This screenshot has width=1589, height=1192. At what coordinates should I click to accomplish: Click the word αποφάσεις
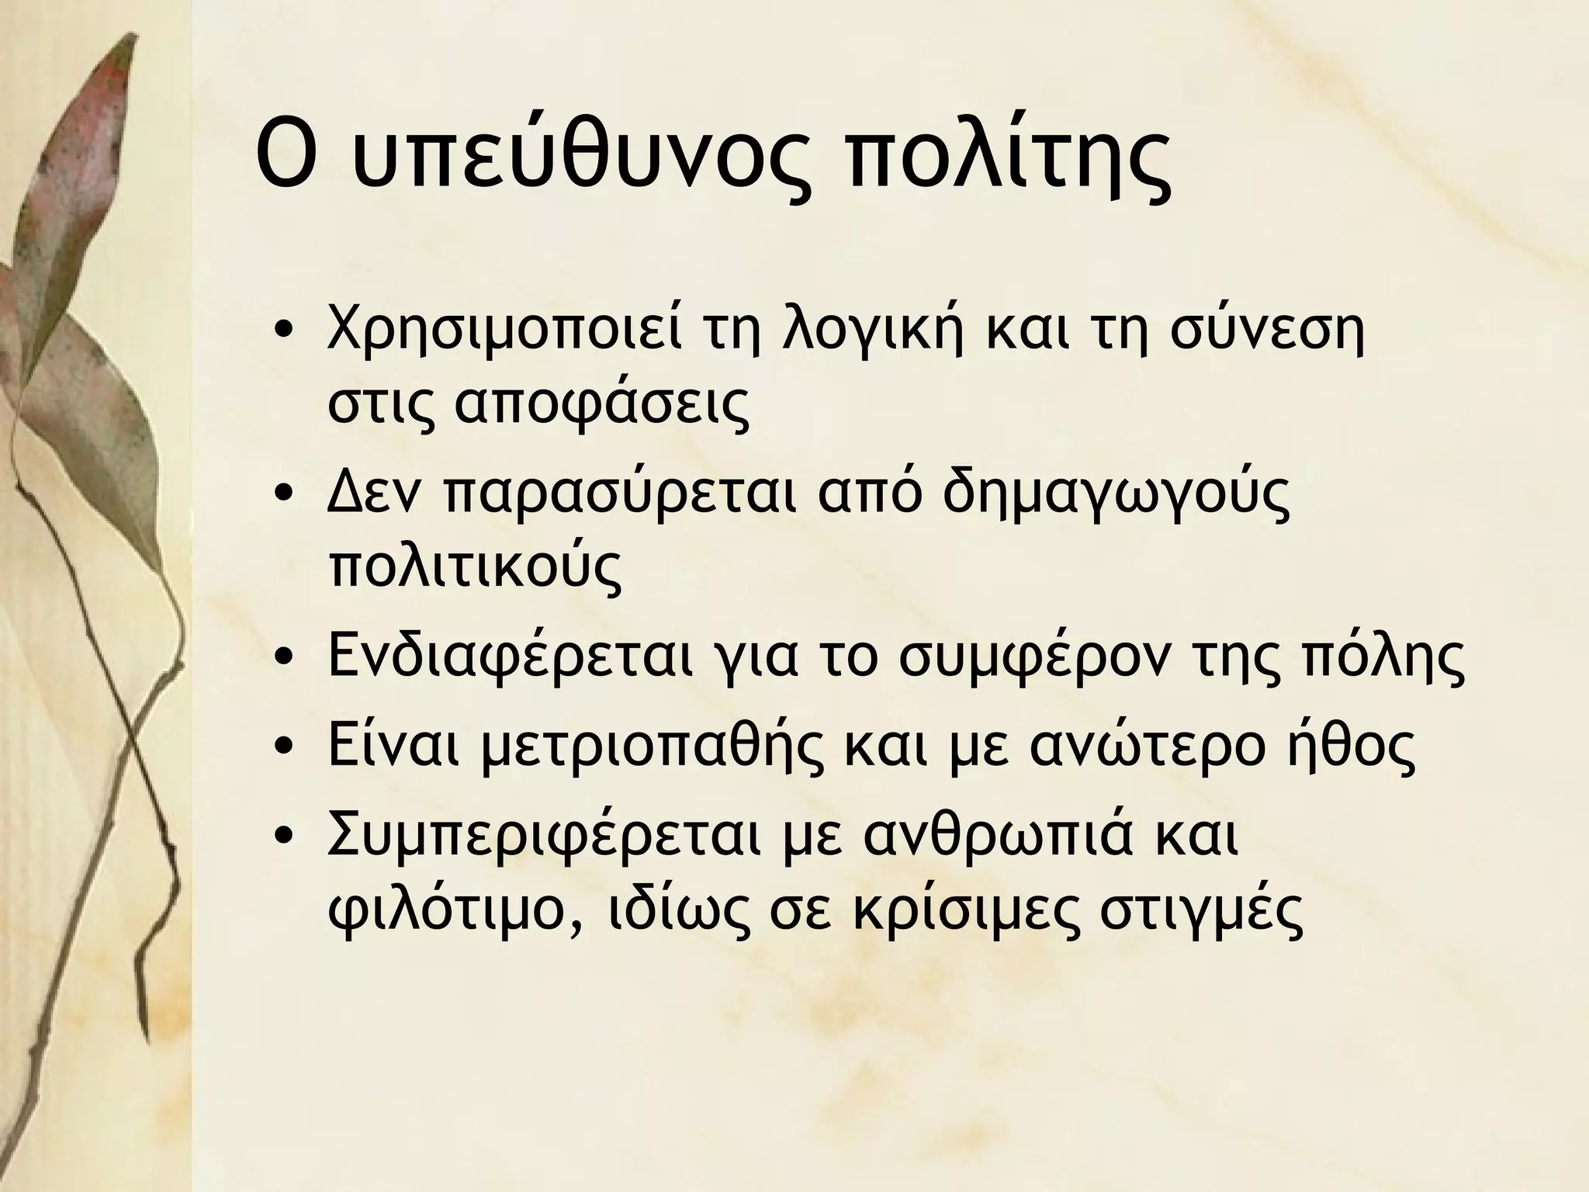pos(602,407)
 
